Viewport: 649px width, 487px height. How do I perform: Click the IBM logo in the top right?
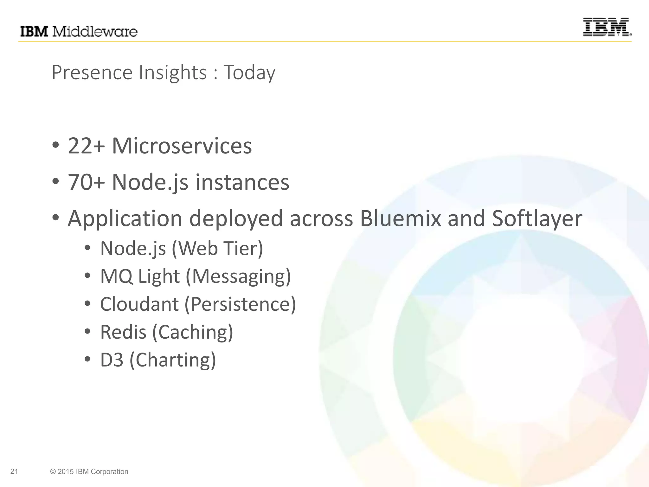[607, 27]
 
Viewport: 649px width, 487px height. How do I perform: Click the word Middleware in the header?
[94, 32]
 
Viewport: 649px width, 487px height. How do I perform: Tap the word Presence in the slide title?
[92, 73]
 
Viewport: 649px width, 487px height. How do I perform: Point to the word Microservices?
[182, 146]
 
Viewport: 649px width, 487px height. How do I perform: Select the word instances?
[242, 183]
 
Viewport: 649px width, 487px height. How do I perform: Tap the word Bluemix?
[400, 218]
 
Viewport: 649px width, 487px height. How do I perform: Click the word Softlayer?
[537, 219]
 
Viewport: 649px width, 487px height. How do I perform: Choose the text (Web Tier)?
[217, 248]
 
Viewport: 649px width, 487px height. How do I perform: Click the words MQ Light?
[140, 276]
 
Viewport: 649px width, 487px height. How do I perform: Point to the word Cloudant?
[139, 304]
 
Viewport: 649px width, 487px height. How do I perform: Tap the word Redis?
[123, 332]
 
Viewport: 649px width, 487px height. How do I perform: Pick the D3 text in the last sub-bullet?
[112, 360]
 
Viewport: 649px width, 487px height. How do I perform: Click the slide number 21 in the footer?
[14, 471]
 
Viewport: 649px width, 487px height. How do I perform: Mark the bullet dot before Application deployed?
[56, 218]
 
